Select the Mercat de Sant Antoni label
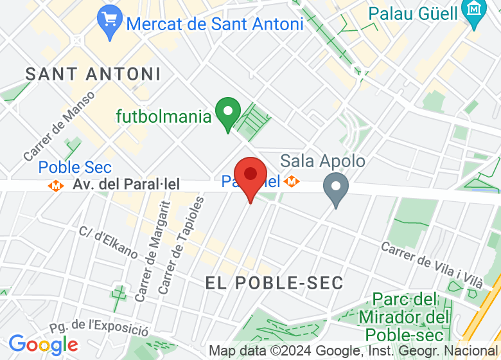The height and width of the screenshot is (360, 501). [x=215, y=24]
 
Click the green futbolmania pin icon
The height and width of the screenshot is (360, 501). [x=227, y=113]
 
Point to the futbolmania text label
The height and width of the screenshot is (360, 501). [x=164, y=117]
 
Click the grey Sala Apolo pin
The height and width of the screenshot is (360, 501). [x=335, y=188]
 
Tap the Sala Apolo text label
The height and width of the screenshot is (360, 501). [x=323, y=161]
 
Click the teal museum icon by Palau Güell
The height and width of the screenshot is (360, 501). [x=475, y=12]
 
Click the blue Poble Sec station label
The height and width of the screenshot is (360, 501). [x=75, y=168]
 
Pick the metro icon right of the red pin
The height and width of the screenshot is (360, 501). [x=292, y=182]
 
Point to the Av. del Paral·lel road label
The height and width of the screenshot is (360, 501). [x=125, y=184]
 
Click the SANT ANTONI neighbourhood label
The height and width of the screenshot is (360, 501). [x=93, y=74]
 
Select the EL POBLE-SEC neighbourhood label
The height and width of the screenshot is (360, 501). [x=275, y=282]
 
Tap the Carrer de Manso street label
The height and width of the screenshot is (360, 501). [x=59, y=126]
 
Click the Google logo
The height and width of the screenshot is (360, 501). [x=43, y=345]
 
